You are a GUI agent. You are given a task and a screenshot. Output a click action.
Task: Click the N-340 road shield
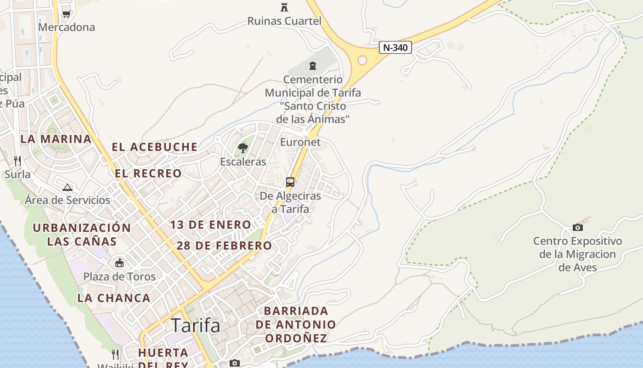[x=395, y=47]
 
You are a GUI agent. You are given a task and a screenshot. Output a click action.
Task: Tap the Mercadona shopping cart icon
[x=66, y=14]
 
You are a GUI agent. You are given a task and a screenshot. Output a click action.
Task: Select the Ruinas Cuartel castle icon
[x=284, y=7]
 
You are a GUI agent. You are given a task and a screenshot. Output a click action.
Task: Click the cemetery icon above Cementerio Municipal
[x=313, y=66]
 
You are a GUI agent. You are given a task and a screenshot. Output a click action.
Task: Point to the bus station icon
[x=290, y=182]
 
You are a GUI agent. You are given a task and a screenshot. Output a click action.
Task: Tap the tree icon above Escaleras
[x=243, y=148]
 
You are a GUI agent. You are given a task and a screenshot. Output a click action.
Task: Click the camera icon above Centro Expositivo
[x=578, y=227]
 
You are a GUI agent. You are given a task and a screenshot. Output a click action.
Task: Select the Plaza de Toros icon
[x=119, y=263]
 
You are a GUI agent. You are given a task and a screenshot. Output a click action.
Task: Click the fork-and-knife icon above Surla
[x=17, y=161]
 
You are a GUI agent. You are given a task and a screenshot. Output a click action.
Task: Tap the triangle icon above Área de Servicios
[x=68, y=187]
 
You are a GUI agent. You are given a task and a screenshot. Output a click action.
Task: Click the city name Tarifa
[x=195, y=326]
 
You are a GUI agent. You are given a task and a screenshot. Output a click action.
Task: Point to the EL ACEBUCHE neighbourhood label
[x=155, y=147]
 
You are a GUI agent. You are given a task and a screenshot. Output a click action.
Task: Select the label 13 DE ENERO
[x=211, y=225]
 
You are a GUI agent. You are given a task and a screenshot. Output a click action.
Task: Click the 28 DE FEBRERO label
[x=224, y=246]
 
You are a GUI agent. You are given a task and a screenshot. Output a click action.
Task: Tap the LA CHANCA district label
[x=113, y=298]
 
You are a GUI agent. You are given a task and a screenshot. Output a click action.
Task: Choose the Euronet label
[x=300, y=142]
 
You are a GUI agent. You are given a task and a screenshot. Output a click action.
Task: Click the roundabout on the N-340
[x=362, y=60]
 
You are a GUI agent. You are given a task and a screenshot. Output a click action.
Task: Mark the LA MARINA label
[x=56, y=139]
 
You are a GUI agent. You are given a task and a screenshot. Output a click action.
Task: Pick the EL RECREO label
[x=148, y=173]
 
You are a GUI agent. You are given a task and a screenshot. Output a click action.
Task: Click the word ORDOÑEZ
[x=296, y=339]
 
